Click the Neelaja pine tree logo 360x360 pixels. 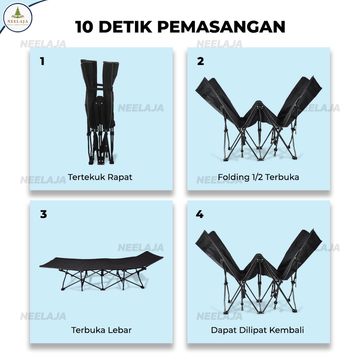tap(18, 18)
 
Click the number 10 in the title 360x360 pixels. tap(84, 27)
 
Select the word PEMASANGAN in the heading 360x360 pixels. tap(221, 27)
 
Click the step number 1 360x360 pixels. tap(42, 61)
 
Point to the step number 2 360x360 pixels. tap(200, 61)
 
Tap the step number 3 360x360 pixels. tap(43, 214)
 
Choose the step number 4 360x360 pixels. tap(200, 214)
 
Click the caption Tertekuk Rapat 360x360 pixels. tap(100, 177)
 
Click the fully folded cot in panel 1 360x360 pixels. tap(100, 112)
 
